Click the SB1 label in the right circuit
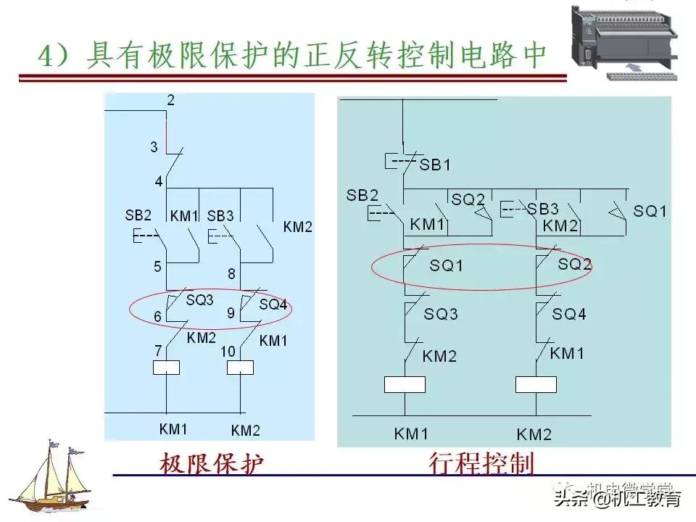point(435,165)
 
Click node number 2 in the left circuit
point(170,101)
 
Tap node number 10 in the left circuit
point(228,352)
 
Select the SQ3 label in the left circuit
point(200,300)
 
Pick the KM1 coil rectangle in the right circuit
point(405,384)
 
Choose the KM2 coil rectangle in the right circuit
point(536,384)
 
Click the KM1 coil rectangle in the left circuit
point(167,368)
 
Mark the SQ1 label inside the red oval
point(446,266)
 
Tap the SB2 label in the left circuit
point(138,216)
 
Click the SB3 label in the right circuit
point(543,209)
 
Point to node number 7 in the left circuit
point(157,352)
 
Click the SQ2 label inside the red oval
point(575,265)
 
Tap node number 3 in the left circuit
point(154,147)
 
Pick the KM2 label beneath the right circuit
point(534,435)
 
